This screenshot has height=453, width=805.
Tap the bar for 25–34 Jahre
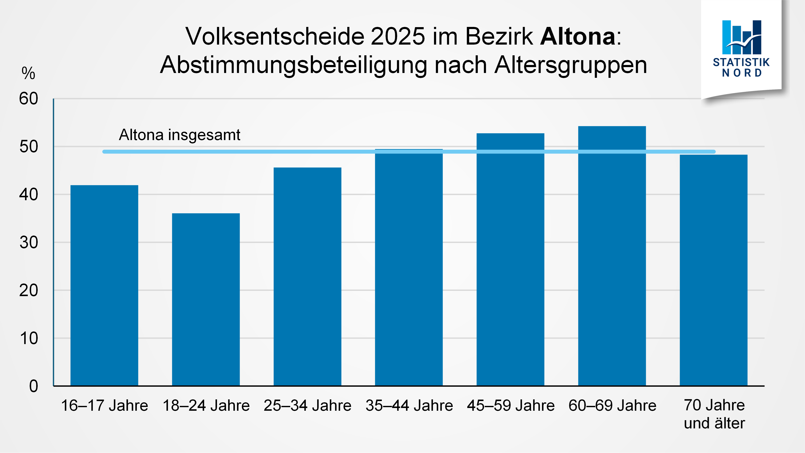307,277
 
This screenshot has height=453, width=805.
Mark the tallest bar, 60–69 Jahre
612,256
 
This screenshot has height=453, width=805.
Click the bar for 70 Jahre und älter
713,270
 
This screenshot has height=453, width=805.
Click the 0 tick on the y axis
33,386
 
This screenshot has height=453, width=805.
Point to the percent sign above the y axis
28,73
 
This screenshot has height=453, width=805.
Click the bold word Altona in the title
577,37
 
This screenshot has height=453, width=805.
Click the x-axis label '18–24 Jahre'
206,405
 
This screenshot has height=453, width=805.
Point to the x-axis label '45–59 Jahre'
511,405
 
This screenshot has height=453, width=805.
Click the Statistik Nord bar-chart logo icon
742,37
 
